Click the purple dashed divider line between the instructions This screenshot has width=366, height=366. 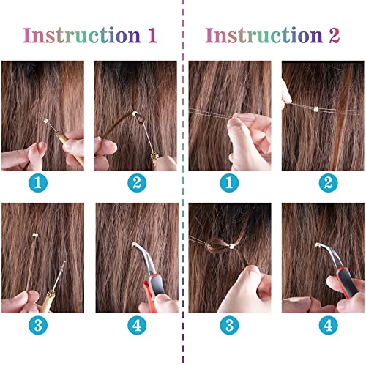182,183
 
